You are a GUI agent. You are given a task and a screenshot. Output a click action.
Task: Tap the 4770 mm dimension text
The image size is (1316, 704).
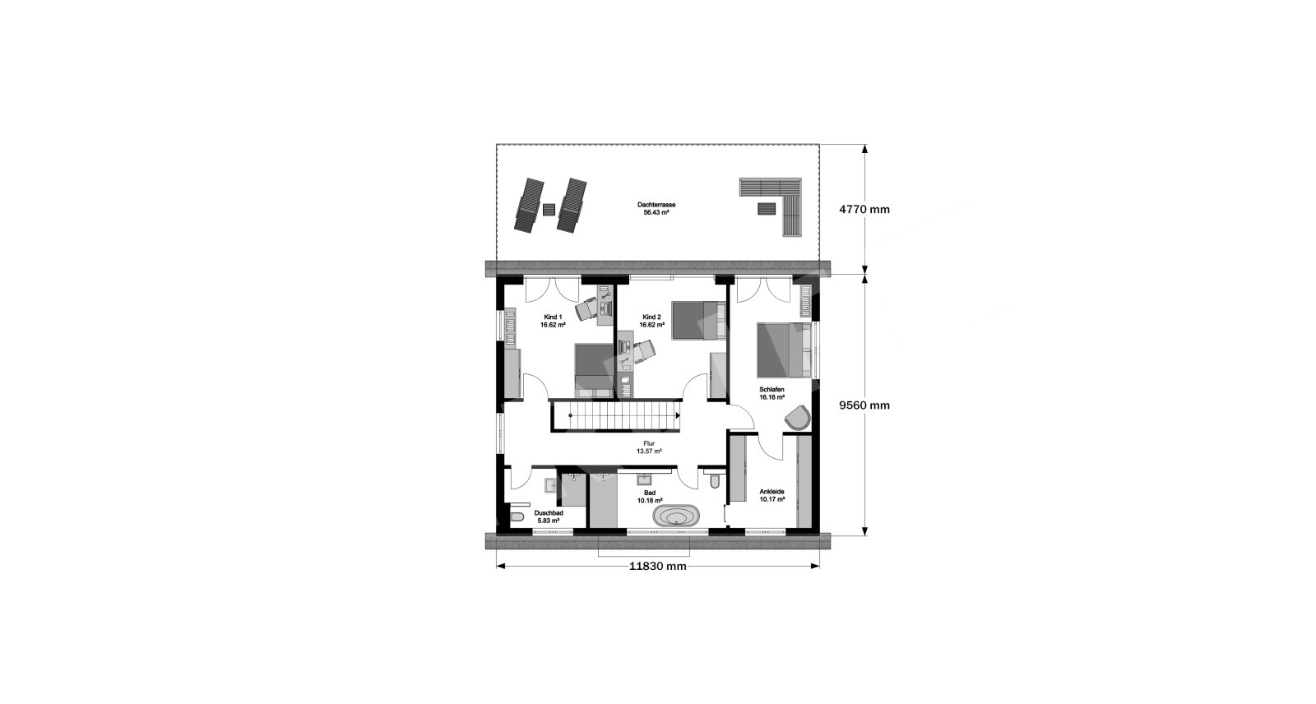point(864,209)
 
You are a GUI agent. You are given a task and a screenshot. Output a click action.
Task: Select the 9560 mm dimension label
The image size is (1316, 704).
point(864,405)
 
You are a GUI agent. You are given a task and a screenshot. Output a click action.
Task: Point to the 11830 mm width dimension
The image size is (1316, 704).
point(657,567)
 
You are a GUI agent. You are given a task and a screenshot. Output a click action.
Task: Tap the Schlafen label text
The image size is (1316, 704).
point(772,390)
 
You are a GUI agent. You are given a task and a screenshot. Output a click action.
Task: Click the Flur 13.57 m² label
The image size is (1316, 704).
point(649,447)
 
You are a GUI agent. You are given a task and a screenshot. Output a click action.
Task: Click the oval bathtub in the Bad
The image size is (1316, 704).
point(676,516)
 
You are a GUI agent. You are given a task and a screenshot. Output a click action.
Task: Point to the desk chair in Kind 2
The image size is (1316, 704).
point(645,351)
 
